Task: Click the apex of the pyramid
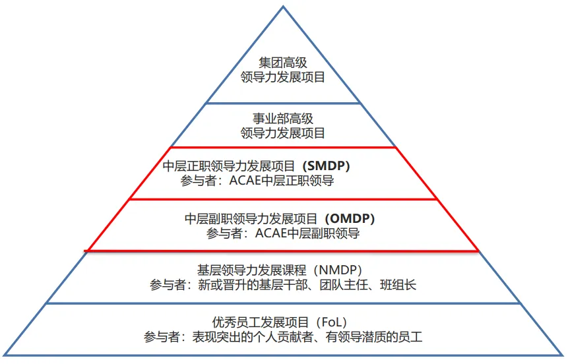click(283, 7)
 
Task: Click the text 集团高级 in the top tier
click(283, 63)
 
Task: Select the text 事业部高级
click(283, 119)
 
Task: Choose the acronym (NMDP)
click(338, 270)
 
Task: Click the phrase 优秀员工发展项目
click(261, 322)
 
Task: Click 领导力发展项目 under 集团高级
click(283, 78)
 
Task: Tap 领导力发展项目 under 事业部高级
click(283, 133)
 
